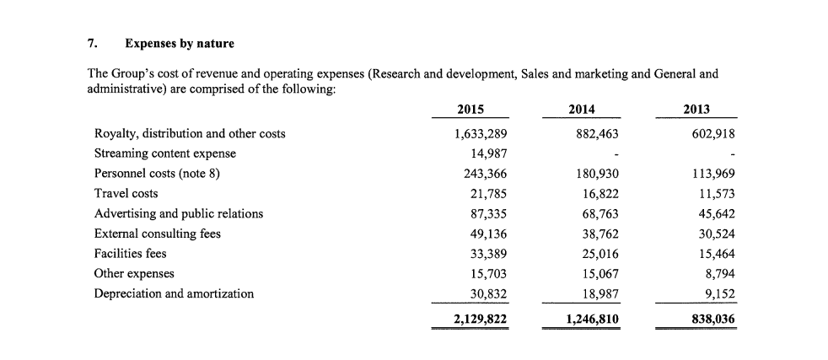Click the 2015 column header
(470, 110)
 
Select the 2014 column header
(582, 110)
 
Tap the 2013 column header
(696, 110)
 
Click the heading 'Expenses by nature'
(180, 44)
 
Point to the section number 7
(91, 43)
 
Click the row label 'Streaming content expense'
(165, 153)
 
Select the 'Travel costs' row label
(126, 194)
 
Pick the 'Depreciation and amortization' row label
(174, 293)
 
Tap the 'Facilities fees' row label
(131, 254)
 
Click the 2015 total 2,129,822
(481, 320)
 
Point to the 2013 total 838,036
(712, 320)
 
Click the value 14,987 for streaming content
(489, 153)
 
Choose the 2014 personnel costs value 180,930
(596, 174)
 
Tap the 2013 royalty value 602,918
(712, 134)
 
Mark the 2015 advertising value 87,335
(489, 214)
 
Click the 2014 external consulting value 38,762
(600, 234)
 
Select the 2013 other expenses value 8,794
(720, 274)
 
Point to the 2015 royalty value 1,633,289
(481, 134)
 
